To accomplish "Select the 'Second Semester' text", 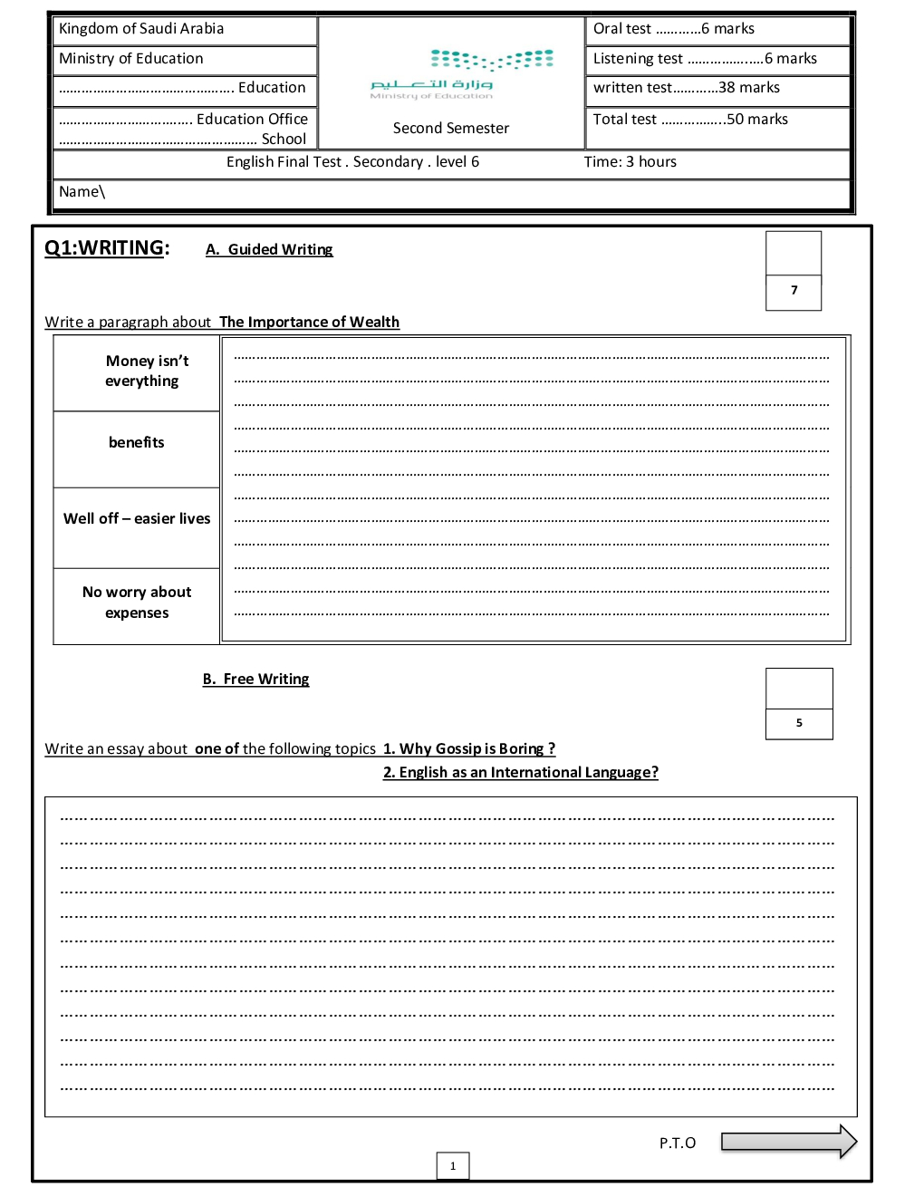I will pyautogui.click(x=451, y=129).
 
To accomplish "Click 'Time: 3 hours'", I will pyautogui.click(x=630, y=162).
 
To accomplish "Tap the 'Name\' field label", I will pyautogui.click(x=82, y=192).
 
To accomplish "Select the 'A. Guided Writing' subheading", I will pyautogui.click(x=269, y=250).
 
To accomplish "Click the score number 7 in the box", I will pyautogui.click(x=794, y=291).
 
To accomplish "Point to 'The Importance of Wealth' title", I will pyautogui.click(x=309, y=323).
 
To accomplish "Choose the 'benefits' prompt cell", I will pyautogui.click(x=137, y=443).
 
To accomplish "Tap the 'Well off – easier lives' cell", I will pyautogui.click(x=137, y=519).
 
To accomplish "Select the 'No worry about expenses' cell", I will pyautogui.click(x=137, y=603).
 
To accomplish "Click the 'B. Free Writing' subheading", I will pyautogui.click(x=256, y=680).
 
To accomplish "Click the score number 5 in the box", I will pyautogui.click(x=799, y=723).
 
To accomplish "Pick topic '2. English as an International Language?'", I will pyautogui.click(x=521, y=773).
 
